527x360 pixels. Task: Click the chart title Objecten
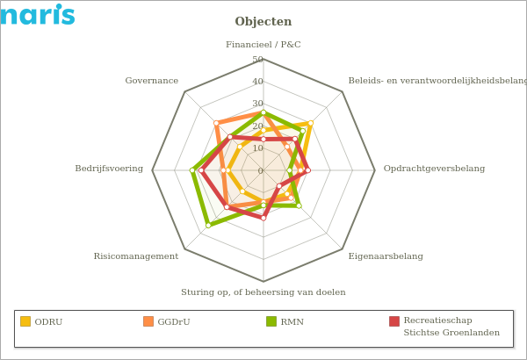[x=263, y=22]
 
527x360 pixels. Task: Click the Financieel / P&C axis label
[x=263, y=45]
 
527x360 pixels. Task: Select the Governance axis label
[x=152, y=81]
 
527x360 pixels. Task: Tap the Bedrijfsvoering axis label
[x=109, y=169]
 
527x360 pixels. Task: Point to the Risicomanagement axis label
[x=136, y=256]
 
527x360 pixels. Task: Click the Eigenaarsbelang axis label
[x=386, y=256]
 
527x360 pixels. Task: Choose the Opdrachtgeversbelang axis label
[x=434, y=169]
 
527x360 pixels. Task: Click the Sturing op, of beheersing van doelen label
[x=263, y=292]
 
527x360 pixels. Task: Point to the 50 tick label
[x=257, y=60]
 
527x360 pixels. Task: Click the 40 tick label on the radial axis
[x=257, y=82]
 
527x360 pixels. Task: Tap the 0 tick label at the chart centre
[x=259, y=170]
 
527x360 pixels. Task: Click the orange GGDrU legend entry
[x=167, y=322]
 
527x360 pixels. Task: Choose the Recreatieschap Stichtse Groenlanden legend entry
[x=444, y=327]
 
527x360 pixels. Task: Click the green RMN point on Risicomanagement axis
[x=208, y=226]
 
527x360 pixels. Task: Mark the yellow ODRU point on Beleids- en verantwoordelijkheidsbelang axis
[x=311, y=123]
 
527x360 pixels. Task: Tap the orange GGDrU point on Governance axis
[x=216, y=123]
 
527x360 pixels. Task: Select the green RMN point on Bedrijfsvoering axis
[x=192, y=170]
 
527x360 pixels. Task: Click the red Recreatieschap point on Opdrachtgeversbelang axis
[x=307, y=170]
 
